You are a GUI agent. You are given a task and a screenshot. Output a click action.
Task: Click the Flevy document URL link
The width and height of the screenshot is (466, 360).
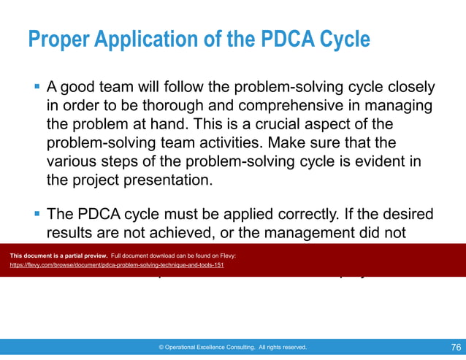click(x=116, y=265)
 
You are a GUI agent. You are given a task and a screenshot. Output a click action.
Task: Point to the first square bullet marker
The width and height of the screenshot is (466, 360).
click(x=37, y=88)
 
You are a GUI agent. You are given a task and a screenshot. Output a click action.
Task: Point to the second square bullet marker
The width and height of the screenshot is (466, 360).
click(x=37, y=215)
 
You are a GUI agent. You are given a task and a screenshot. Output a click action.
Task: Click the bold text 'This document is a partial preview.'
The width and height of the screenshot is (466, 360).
click(x=58, y=257)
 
